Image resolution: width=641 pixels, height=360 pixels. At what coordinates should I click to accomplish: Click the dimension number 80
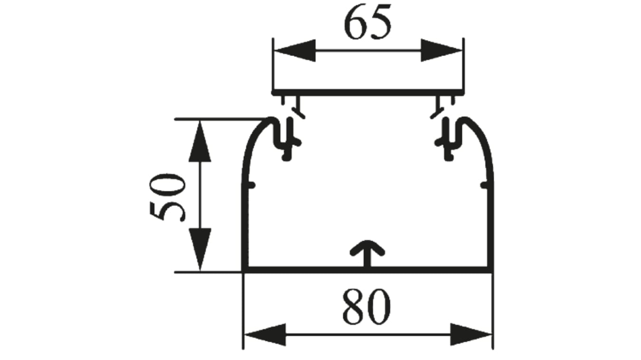[366, 307]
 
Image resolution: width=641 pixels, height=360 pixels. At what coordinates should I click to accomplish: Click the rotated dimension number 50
[166, 197]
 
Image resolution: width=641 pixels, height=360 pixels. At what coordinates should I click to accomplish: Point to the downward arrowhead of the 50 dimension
[199, 249]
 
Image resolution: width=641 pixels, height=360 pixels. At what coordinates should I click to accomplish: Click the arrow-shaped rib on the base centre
[368, 252]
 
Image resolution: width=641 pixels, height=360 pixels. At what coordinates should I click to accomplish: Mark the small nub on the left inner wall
[251, 185]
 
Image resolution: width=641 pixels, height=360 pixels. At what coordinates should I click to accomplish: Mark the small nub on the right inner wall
[484, 185]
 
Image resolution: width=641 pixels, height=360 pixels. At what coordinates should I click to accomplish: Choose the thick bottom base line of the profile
[332, 270]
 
